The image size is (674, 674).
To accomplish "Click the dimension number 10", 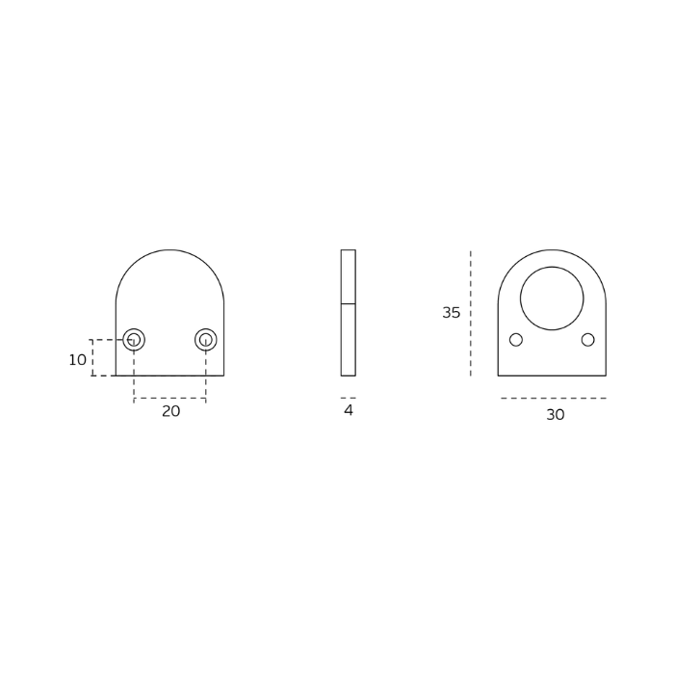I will [78, 360].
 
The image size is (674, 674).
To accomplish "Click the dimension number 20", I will [170, 411].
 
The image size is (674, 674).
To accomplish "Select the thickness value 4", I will [349, 411].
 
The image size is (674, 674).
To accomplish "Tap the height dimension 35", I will [451, 313].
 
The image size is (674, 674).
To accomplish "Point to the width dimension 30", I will [556, 415].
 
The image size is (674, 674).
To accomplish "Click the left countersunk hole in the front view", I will [134, 340].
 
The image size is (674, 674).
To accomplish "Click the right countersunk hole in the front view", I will [206, 340].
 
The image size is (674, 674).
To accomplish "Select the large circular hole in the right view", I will [552, 298].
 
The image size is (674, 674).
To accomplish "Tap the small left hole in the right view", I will [516, 340].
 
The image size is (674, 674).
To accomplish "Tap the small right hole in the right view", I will [588, 340].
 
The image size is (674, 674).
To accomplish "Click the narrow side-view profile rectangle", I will [349, 337].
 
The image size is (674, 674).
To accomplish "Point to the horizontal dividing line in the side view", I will [349, 304].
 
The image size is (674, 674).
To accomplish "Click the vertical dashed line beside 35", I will [471, 313].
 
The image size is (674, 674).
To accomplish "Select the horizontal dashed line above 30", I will [554, 398].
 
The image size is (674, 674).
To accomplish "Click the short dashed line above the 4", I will [349, 398].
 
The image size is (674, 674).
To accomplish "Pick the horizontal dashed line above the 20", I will [170, 399].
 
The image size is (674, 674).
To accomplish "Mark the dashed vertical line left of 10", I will [92, 358].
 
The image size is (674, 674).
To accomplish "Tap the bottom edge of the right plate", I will [552, 376].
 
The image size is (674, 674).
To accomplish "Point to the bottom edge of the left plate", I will [170, 376].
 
